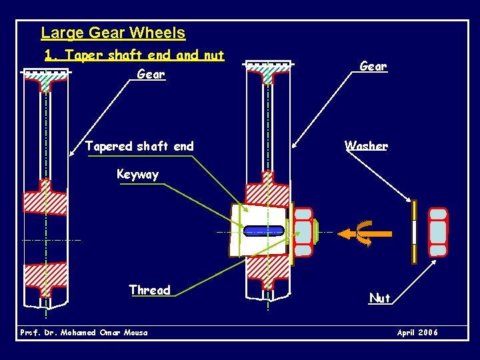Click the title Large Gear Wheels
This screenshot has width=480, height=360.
pyautogui.click(x=113, y=33)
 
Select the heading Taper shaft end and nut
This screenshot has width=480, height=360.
pyautogui.click(x=134, y=55)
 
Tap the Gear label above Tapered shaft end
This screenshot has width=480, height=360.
pyautogui.click(x=151, y=74)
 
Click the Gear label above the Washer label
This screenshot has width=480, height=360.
pyautogui.click(x=373, y=66)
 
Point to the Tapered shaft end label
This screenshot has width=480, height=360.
pyautogui.click(x=139, y=146)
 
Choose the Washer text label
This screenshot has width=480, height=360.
pyautogui.click(x=366, y=145)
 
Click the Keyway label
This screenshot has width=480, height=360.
pyautogui.click(x=137, y=175)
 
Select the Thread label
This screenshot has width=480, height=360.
pyautogui.click(x=149, y=290)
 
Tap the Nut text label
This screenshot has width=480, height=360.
pyautogui.click(x=379, y=298)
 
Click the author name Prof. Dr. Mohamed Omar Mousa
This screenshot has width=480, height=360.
pyautogui.click(x=84, y=333)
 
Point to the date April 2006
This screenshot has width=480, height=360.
pyautogui.click(x=417, y=333)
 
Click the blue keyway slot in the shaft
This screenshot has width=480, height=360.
pyautogui.click(x=264, y=231)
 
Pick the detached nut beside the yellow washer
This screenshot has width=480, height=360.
pyautogui.click(x=437, y=232)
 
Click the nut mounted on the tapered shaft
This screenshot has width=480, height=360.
pyautogui.click(x=303, y=232)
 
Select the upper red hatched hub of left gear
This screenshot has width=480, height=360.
pyautogui.click(x=45, y=199)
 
